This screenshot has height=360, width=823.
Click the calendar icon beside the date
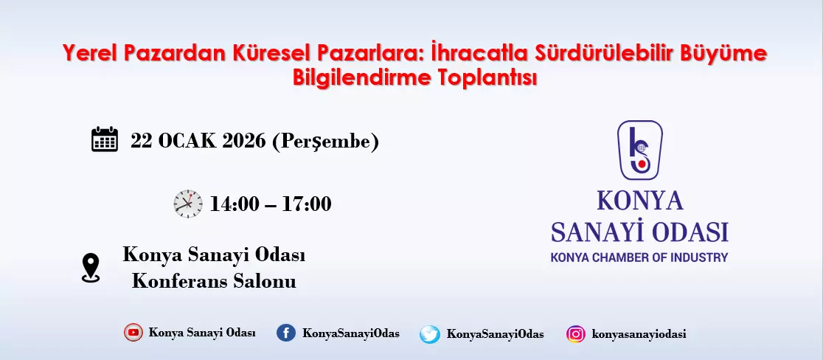tap(105, 139)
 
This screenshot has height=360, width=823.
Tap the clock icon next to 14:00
tap(188, 204)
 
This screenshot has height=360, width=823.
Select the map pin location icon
tap(91, 268)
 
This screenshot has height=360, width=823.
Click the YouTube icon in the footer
tap(133, 333)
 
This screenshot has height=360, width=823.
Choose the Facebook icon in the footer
tap(286, 333)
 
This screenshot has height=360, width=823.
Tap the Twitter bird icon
tap(429, 334)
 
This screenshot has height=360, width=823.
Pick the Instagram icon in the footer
tap(576, 333)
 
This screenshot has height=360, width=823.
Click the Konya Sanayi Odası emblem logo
tap(639, 150)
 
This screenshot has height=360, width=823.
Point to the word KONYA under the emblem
tap(640, 200)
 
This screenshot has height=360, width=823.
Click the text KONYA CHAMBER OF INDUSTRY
tap(639, 257)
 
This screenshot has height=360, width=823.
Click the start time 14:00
tap(234, 204)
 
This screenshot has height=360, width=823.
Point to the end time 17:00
tap(307, 204)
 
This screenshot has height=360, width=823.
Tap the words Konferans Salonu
tap(214, 281)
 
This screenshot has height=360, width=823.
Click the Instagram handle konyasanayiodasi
tap(639, 334)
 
